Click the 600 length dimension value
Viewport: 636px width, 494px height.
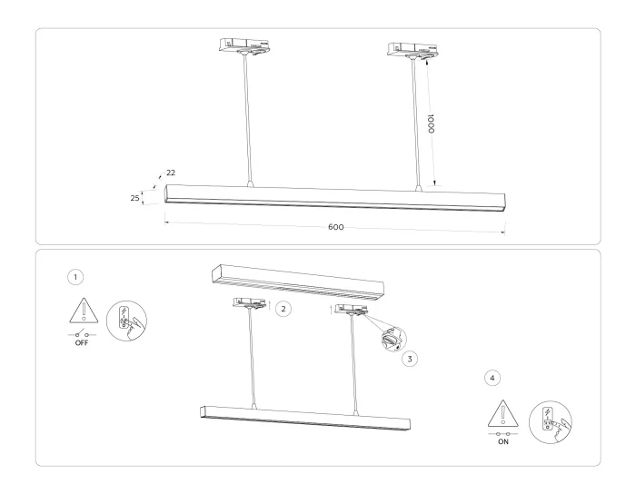pos(335,226)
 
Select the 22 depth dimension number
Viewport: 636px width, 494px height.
pos(170,173)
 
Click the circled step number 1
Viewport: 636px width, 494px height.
pos(75,275)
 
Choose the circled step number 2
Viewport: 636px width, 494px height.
pos(283,310)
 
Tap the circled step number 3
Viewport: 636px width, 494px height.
pos(411,359)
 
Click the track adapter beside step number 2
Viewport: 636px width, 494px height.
pos(249,305)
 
